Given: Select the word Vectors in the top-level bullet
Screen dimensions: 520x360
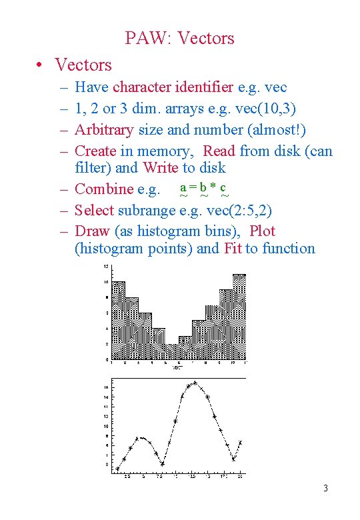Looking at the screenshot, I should click(83, 65).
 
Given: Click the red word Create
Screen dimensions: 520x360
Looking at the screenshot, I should click(95, 151).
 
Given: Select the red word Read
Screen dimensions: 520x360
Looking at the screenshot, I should click(219, 151).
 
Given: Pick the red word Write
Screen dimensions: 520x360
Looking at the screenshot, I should click(160, 167).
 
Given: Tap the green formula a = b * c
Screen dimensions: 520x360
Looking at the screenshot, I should click(204, 189).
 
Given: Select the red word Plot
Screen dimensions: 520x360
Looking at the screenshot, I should click(262, 231).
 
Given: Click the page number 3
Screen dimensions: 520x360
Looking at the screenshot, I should click(325, 489).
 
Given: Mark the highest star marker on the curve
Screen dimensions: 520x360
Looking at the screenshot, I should click(195, 383).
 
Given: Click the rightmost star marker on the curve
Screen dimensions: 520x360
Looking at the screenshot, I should click(240, 443).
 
